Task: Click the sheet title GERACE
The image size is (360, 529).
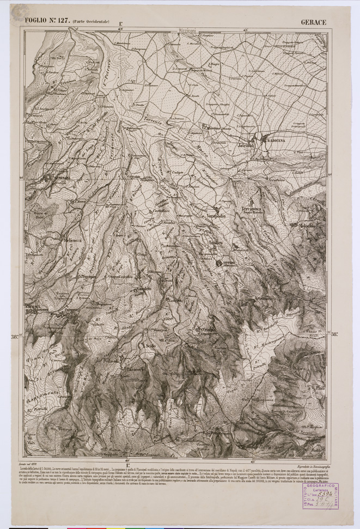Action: click(313, 22)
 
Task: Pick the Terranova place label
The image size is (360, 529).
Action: click(252, 209)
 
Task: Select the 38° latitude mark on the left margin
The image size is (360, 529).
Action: click(15, 336)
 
